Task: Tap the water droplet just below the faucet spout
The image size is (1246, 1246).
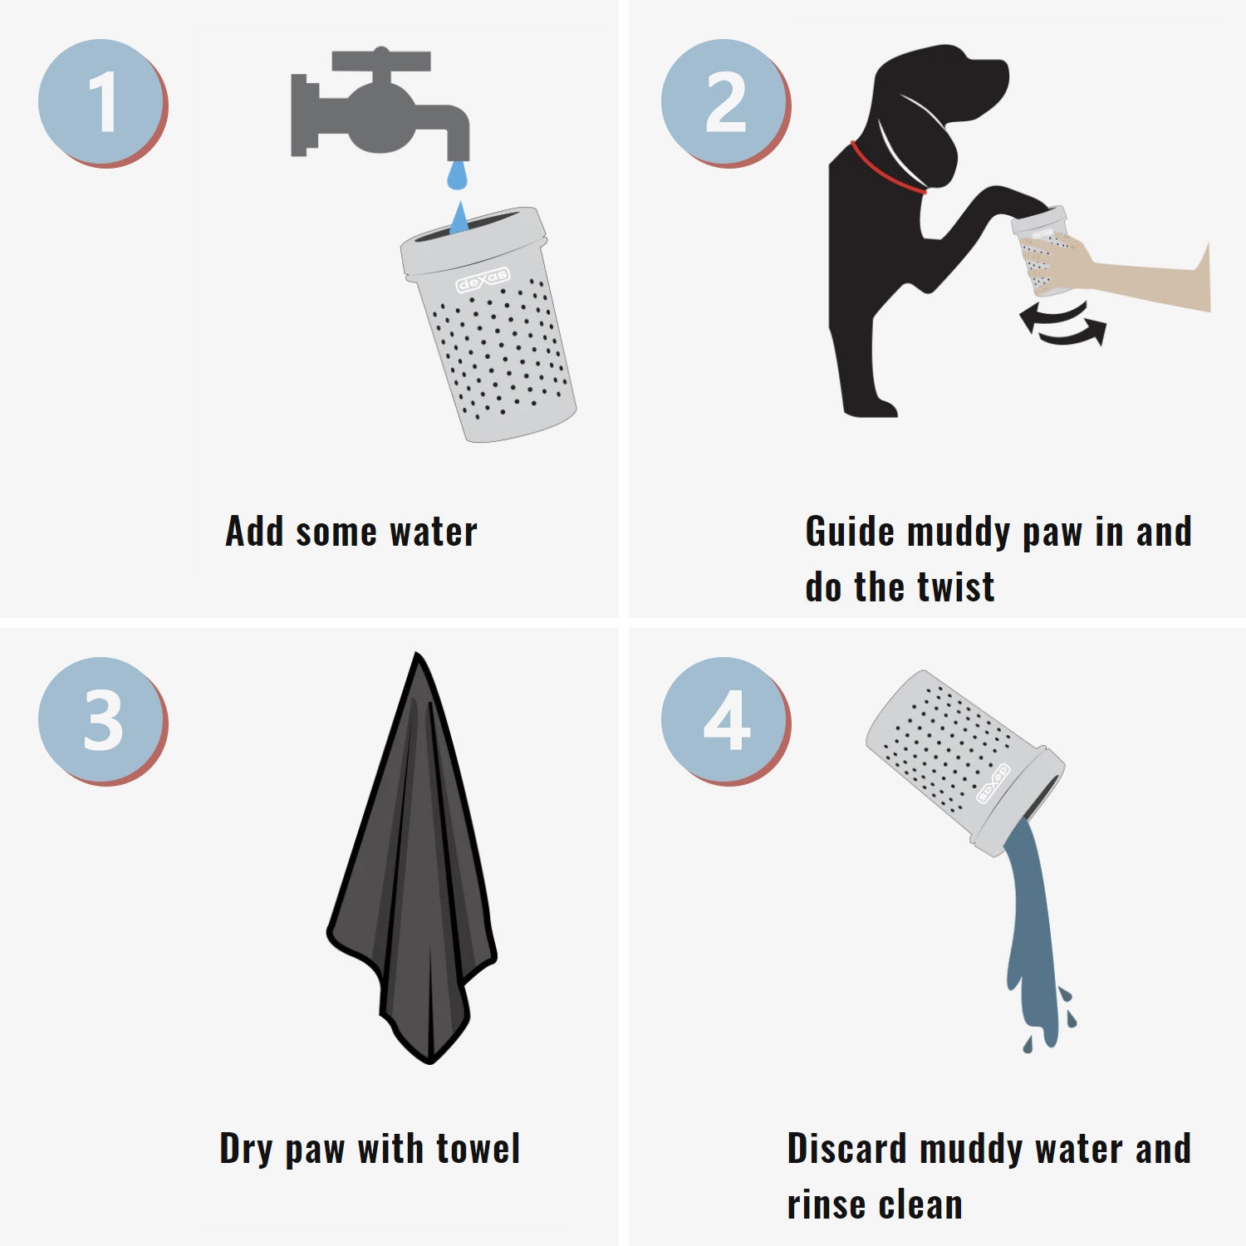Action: (x=458, y=174)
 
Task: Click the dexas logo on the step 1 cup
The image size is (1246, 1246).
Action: (x=483, y=280)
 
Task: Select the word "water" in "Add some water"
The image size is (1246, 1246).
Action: (x=434, y=532)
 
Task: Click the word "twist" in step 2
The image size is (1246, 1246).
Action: (x=955, y=587)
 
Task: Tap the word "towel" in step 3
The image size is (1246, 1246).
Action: (x=478, y=1150)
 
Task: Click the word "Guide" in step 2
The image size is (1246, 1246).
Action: (x=850, y=532)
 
